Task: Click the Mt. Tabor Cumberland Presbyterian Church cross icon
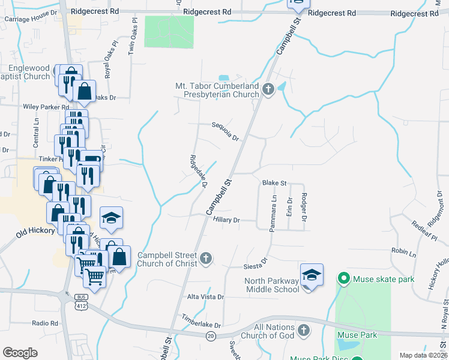(x=268, y=90)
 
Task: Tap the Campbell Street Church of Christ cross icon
(x=205, y=259)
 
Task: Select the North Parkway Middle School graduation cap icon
(x=312, y=275)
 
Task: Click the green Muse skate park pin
(x=343, y=278)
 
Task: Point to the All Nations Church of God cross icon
(x=304, y=330)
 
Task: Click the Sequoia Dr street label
(x=225, y=130)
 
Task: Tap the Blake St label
(x=274, y=182)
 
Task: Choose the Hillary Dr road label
(x=226, y=220)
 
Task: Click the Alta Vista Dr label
(x=205, y=297)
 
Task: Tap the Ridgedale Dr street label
(x=198, y=171)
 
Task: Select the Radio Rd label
(x=45, y=323)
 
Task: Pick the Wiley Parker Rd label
(x=46, y=107)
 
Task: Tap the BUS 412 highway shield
(x=81, y=302)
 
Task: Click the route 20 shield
(x=211, y=337)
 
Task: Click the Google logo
(x=20, y=352)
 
